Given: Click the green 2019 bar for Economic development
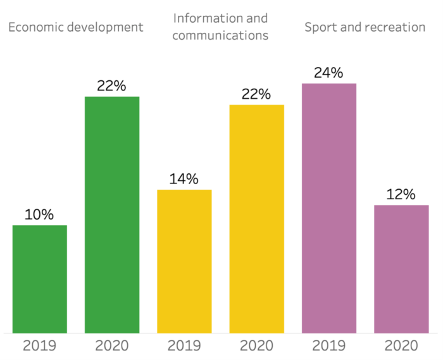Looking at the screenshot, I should coord(40,278).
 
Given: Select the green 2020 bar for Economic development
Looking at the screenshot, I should coord(112,214).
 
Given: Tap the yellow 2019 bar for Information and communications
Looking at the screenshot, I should coord(184,261).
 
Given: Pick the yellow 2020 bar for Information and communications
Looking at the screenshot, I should coord(256,218).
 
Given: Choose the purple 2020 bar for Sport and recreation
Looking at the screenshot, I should coord(401,268).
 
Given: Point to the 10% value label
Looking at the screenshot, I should coord(40,214).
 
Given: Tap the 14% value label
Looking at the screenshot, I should coord(184,179).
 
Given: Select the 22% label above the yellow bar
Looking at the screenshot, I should coord(256,94).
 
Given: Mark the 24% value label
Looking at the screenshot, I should coord(329,73).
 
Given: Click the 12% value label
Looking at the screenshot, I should coord(401,194).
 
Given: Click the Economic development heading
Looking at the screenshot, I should coord(75,27).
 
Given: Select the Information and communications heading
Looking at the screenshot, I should coord(220,27).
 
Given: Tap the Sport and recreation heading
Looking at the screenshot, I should coord(365,27).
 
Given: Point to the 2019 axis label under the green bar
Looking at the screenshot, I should coord(40,345).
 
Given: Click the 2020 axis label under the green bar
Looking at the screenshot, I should coord(112,345).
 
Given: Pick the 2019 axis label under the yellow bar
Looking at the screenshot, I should coord(184,345).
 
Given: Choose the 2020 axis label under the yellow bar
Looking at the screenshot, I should coord(256,345).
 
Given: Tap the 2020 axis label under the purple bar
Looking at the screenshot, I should coord(401,345).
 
